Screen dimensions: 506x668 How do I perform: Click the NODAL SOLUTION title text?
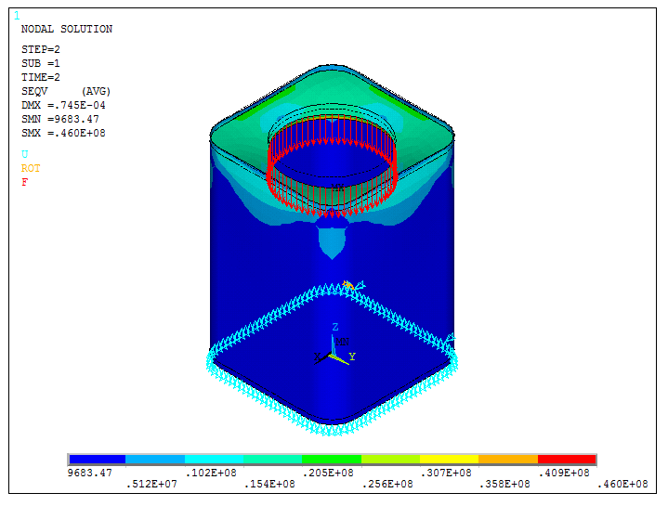66,29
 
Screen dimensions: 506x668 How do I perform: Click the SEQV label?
34,91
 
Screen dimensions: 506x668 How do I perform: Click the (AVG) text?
96,91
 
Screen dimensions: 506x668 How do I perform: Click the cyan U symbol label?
25,154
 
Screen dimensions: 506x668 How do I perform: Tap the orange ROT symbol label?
31,168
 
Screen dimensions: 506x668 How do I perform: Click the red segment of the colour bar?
567,460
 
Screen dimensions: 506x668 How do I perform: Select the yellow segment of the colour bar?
449,460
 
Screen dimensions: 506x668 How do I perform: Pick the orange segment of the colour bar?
508,460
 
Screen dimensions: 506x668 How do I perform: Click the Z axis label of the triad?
334,327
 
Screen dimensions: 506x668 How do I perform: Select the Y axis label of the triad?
352,356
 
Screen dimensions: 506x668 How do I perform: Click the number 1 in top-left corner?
17,15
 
